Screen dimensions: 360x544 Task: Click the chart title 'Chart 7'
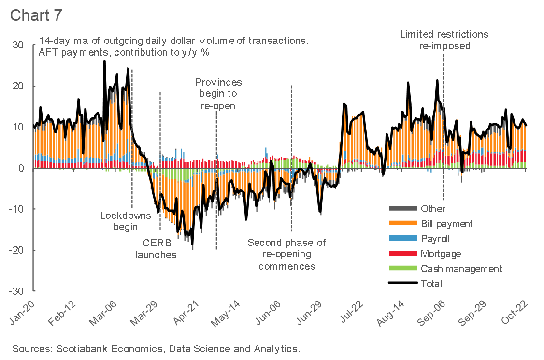36,15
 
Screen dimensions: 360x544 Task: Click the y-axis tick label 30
18,45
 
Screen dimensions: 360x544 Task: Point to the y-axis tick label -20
16,250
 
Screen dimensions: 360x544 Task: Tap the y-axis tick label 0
21,168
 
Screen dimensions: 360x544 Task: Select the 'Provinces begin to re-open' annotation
218,94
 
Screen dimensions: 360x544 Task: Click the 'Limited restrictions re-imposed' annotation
444,40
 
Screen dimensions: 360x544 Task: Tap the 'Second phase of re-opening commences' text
287,254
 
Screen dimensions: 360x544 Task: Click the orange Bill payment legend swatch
402,224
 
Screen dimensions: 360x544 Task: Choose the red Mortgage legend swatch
402,254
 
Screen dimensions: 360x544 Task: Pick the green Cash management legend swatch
402,269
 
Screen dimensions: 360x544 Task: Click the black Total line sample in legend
402,284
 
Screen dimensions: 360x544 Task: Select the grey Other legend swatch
402,209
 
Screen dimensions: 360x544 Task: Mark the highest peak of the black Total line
104,61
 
